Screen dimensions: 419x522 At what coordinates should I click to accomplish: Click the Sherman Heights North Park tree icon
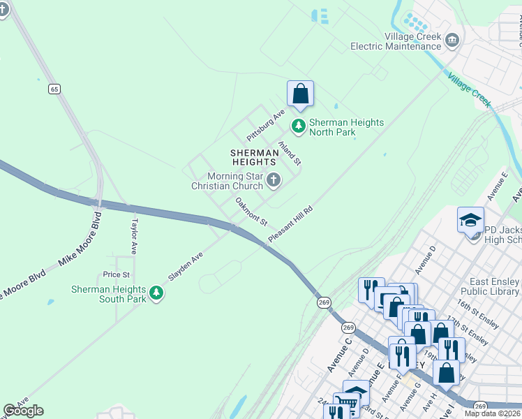click(x=299, y=126)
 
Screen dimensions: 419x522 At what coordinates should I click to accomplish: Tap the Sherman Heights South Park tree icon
click(x=157, y=293)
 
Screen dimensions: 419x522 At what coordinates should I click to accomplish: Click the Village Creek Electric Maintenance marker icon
click(x=452, y=41)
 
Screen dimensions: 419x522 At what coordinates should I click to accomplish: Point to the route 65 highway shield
click(x=54, y=89)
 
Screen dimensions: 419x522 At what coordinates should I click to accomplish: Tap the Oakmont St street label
click(x=251, y=212)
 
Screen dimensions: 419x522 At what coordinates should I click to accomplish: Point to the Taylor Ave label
click(x=133, y=237)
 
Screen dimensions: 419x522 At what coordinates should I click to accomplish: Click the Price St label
click(x=117, y=274)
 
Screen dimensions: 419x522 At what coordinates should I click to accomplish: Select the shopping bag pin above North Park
click(x=300, y=94)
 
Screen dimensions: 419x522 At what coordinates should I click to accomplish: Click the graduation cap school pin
click(x=470, y=221)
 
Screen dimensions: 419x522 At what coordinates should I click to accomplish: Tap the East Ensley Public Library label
click(x=490, y=287)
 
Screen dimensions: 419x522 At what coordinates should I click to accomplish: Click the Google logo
click(x=23, y=411)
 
